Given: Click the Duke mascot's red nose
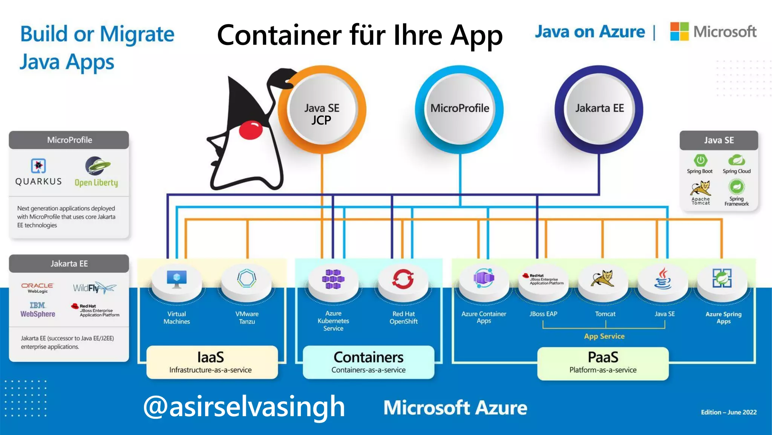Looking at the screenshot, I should [x=251, y=130].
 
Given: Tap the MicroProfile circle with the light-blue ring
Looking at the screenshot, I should [x=460, y=109].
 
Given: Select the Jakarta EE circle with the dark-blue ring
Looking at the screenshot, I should [x=599, y=109].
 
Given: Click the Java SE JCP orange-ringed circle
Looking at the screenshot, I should [x=322, y=110].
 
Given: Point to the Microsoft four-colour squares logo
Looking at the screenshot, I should [x=679, y=31].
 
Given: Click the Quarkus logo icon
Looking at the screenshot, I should [x=38, y=166].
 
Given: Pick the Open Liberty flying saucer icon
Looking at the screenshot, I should [x=97, y=166].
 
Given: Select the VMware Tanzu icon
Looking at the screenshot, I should [x=247, y=279].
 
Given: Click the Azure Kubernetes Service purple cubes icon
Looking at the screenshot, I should [x=333, y=279].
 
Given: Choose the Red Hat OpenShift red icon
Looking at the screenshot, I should [x=403, y=279].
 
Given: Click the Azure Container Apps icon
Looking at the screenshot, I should [x=484, y=278].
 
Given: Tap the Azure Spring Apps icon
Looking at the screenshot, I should [x=722, y=278].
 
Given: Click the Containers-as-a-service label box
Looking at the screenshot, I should [x=368, y=362].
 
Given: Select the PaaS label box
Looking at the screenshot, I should [x=603, y=363].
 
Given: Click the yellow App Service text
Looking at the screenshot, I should [x=604, y=336].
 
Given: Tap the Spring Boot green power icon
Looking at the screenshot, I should [x=700, y=160].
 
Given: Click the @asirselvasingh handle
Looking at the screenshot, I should [x=244, y=407].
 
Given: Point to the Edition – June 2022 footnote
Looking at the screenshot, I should [x=728, y=412].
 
